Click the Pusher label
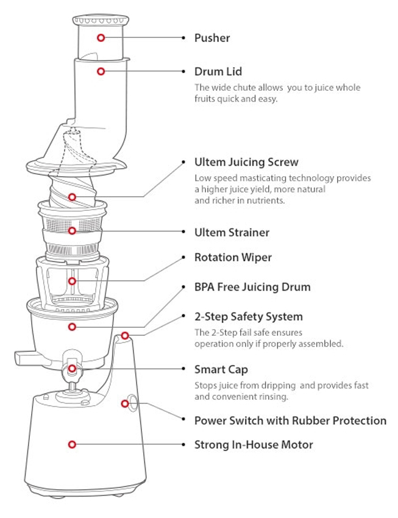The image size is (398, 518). (x=211, y=38)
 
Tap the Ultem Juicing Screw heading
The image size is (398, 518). (x=246, y=162)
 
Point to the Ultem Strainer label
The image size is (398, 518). (x=232, y=232)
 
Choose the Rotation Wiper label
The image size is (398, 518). (x=233, y=257)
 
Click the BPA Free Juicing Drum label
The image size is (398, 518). (x=252, y=287)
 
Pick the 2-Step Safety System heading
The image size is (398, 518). (x=248, y=317)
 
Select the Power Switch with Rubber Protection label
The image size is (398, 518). (x=290, y=420)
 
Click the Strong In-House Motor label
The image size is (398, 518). (x=254, y=445)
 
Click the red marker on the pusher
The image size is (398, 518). (x=101, y=38)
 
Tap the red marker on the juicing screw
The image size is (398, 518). (x=72, y=197)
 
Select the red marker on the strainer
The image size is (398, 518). (x=72, y=231)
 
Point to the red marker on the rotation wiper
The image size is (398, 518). (x=72, y=281)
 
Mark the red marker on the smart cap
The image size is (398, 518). (x=72, y=368)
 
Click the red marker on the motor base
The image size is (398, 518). (x=72, y=445)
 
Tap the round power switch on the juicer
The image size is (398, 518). (x=129, y=402)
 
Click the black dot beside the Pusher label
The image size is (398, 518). (x=183, y=38)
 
